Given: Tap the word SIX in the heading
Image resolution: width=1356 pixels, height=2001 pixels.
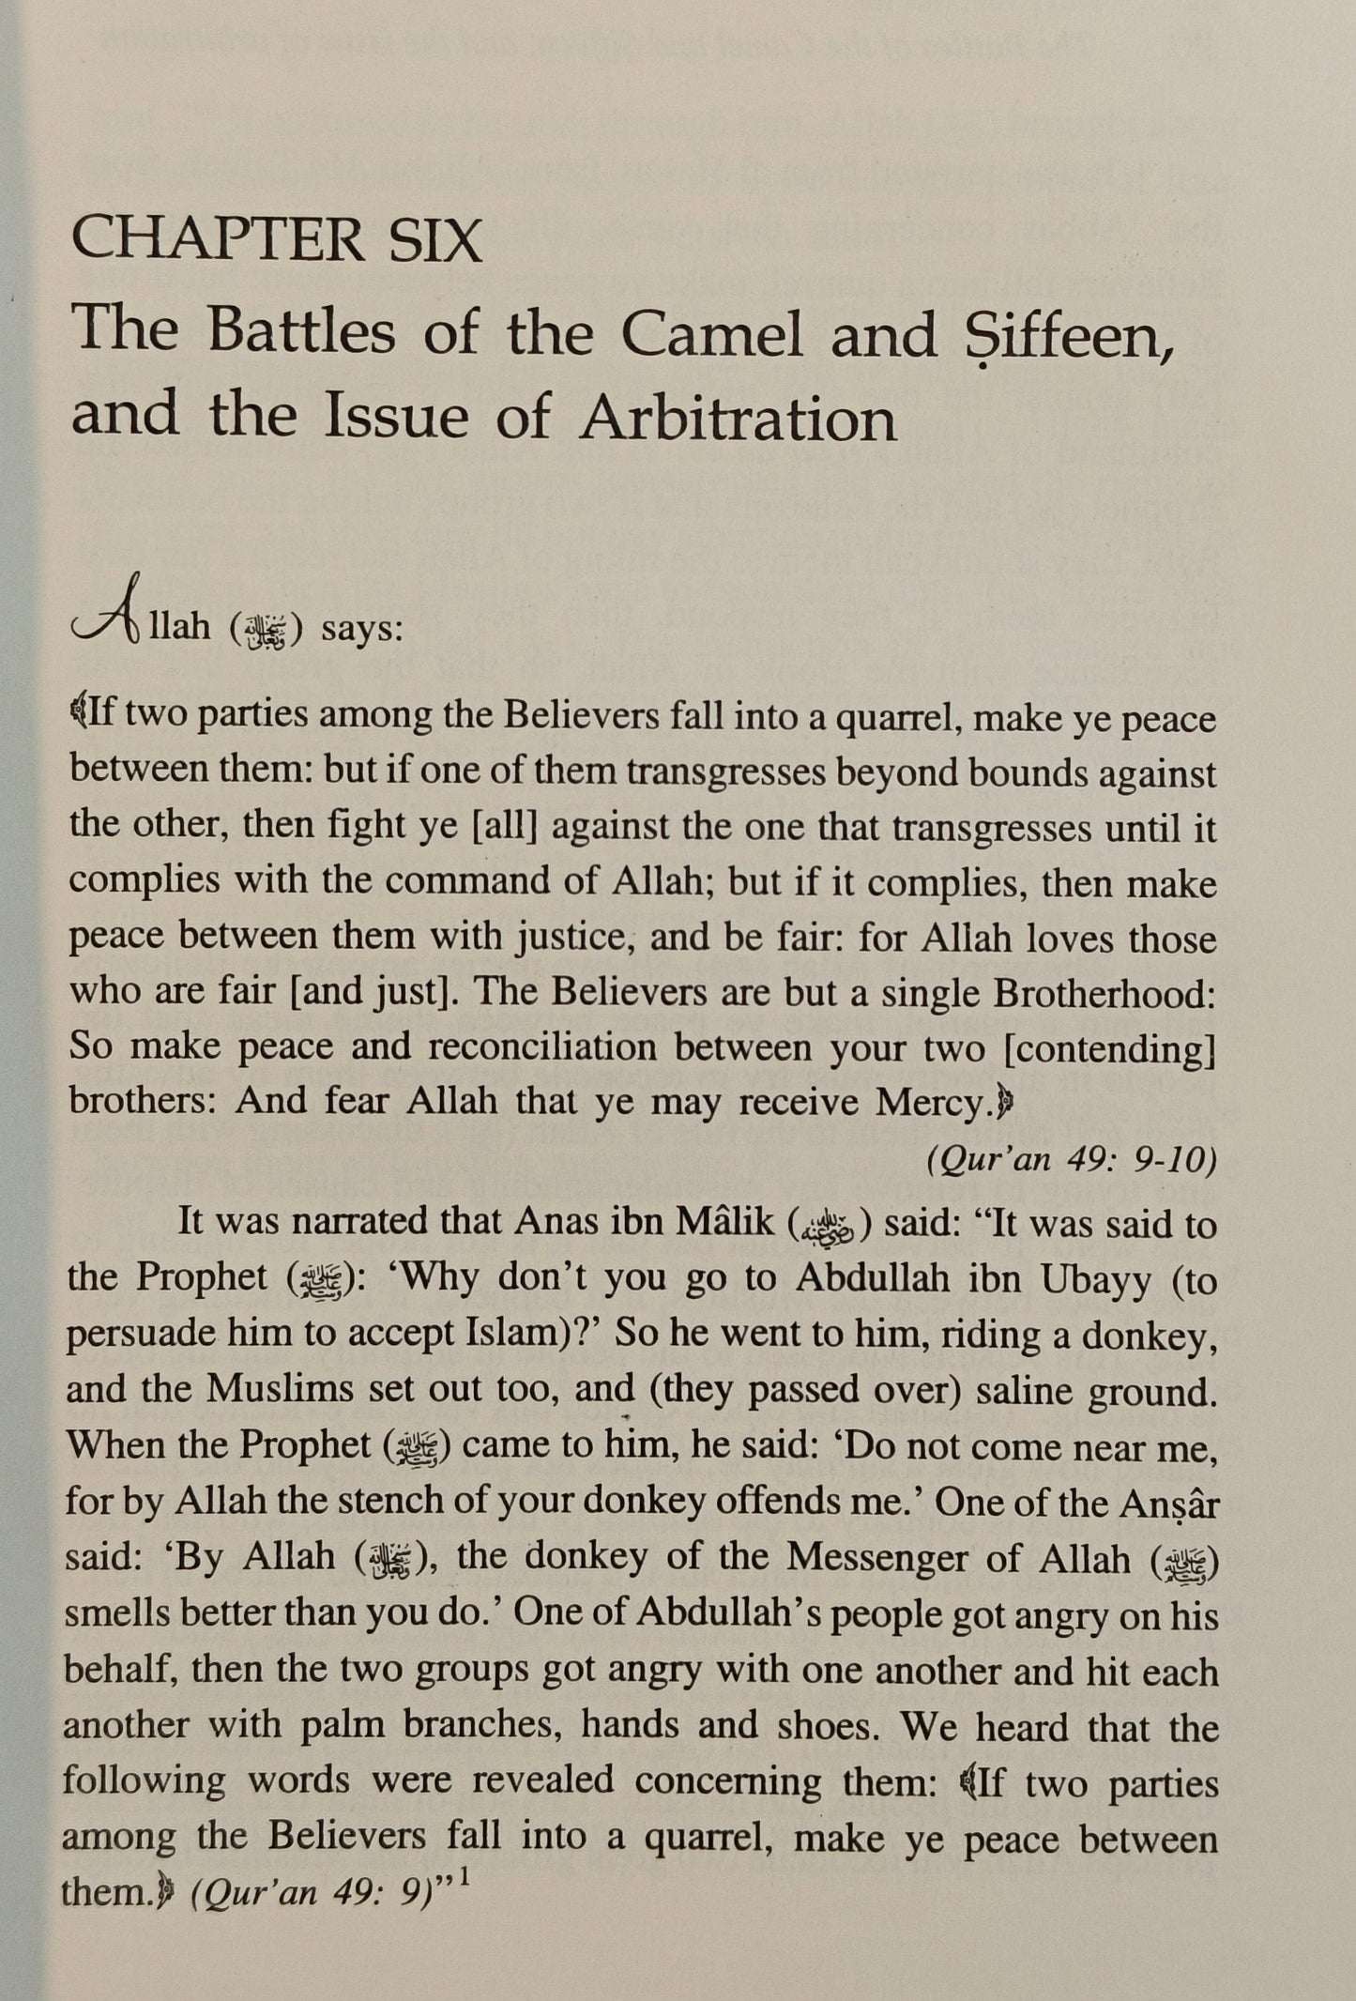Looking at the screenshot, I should coord(430,241).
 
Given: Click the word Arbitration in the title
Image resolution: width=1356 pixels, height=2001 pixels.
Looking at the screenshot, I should coord(739,419).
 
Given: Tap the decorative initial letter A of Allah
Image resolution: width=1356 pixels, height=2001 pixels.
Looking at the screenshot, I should coord(107,622).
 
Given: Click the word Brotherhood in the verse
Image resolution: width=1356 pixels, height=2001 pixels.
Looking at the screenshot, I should coord(1105,992).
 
